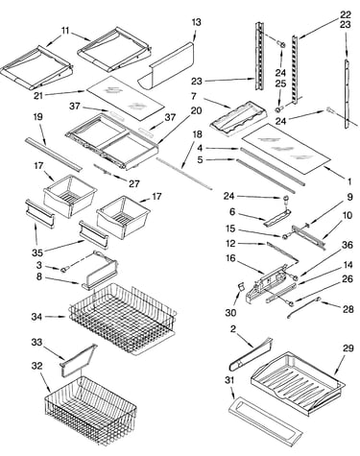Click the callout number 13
[x=197, y=22]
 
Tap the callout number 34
[x=36, y=317]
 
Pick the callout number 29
[x=348, y=348]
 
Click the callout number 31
[x=229, y=380]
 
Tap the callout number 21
[x=38, y=95]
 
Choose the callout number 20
[x=196, y=110]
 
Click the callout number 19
[x=37, y=116]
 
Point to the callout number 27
[x=134, y=183]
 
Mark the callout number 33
[x=36, y=343]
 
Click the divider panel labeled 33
[x=79, y=359]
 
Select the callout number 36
[x=348, y=245]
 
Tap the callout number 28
[x=348, y=309]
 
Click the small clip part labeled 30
[x=242, y=286]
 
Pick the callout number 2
[x=233, y=328]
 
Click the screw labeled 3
[x=65, y=270]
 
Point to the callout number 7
[x=194, y=96]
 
